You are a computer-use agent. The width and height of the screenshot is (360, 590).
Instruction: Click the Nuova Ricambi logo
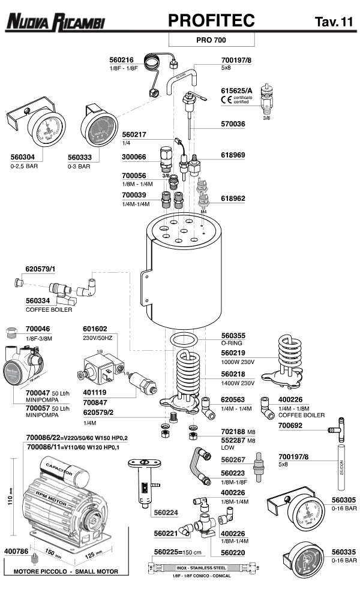pyautogui.click(x=56, y=23)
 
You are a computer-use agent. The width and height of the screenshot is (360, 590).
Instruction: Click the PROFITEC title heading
pyautogui.click(x=212, y=21)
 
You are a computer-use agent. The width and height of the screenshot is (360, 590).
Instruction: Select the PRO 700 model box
pyautogui.click(x=212, y=40)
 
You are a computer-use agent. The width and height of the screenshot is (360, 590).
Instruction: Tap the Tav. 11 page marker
pyautogui.click(x=334, y=22)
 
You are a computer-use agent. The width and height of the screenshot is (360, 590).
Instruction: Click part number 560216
pyautogui.click(x=121, y=60)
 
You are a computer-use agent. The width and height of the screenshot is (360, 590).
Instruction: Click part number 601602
pyautogui.click(x=95, y=329)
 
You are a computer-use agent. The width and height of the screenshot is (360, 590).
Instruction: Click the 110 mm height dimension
pyautogui.click(x=10, y=495)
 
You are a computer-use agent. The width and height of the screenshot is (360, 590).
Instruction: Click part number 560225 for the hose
pyautogui.click(x=167, y=552)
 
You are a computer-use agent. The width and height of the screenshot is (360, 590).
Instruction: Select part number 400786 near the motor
pyautogui.click(x=17, y=550)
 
